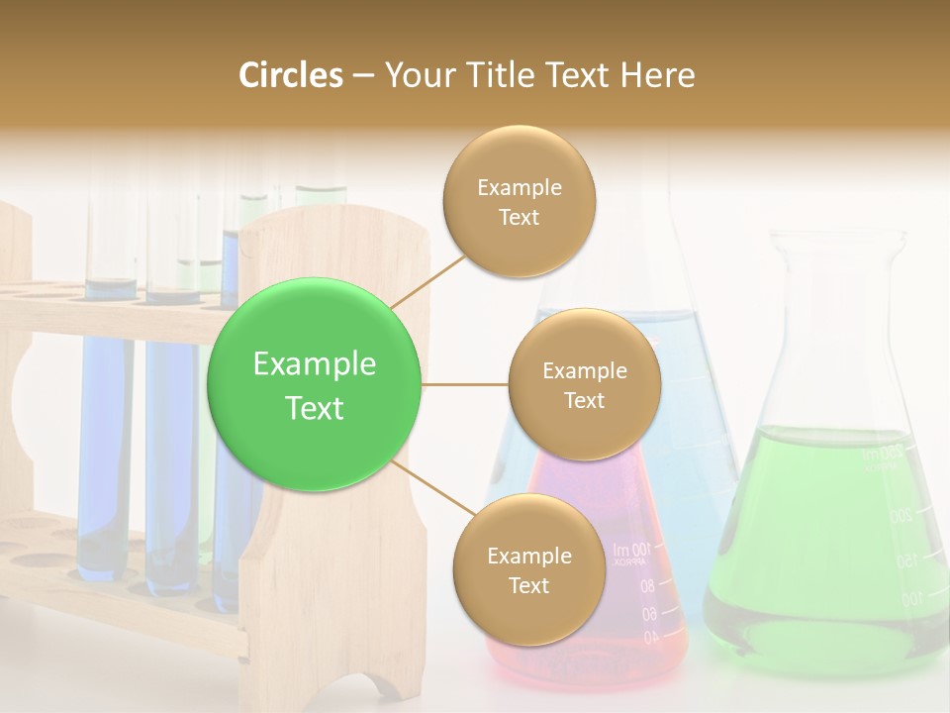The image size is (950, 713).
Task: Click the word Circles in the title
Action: [290, 75]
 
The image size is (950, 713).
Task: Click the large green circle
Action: [314, 384]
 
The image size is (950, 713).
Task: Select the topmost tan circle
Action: [519, 201]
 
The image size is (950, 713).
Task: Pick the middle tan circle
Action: [584, 384]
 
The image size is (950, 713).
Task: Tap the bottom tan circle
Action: [528, 569]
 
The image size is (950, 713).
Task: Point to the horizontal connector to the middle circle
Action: [465, 384]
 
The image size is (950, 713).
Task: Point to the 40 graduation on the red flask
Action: [649, 639]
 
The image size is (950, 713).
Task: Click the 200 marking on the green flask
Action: [900, 516]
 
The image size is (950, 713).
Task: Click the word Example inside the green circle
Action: [314, 364]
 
